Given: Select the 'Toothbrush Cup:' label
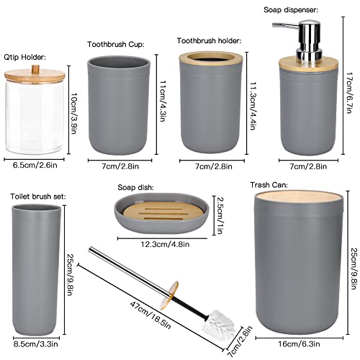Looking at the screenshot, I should pyautogui.click(x=115, y=44).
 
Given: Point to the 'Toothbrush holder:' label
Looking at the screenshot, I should pyautogui.click(x=210, y=41).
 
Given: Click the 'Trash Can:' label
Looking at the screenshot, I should pyautogui.click(x=269, y=185).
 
